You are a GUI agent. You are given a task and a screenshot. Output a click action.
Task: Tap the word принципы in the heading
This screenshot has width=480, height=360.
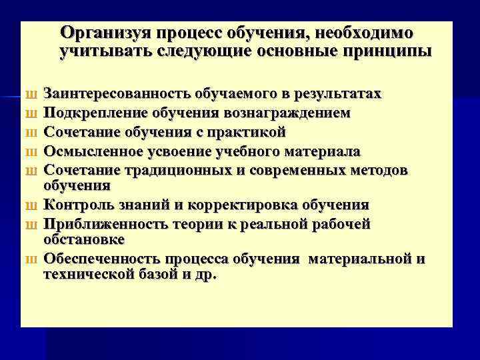(387, 51)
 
